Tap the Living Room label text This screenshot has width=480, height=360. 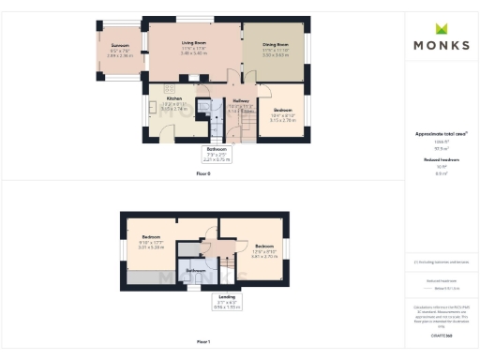pyautogui.click(x=194, y=44)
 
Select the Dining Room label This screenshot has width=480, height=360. pyautogui.click(x=276, y=44)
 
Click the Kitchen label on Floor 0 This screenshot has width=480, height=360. pyautogui.click(x=174, y=98)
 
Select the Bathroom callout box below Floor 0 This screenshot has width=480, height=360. pyautogui.click(x=217, y=155)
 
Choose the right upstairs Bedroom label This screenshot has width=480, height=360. pyautogui.click(x=263, y=247)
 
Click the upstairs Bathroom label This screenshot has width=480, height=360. pyautogui.click(x=195, y=270)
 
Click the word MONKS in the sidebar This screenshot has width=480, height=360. pyautogui.click(x=442, y=45)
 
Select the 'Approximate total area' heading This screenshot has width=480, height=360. pyautogui.click(x=440, y=133)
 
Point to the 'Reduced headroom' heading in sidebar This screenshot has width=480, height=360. pyautogui.click(x=440, y=160)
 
